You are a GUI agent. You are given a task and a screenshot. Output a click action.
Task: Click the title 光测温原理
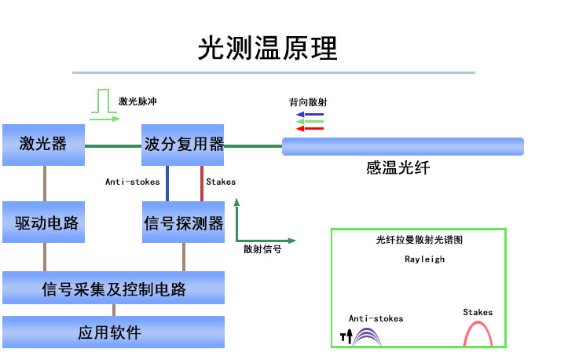pos(267,49)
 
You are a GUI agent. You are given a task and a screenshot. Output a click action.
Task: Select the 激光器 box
pos(43,144)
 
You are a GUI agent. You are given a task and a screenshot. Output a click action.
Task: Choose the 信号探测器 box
pos(184,222)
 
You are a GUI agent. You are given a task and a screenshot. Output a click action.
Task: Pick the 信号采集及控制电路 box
pos(113,288)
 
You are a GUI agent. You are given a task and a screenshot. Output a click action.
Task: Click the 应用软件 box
pos(113,332)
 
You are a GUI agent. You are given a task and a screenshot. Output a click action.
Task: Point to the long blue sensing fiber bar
pos(402,146)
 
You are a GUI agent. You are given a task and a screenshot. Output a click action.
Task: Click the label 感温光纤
pos(398,168)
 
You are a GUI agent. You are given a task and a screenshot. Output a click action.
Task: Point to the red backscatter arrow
pos(310,129)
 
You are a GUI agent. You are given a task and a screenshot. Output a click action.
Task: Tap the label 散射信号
pos(262,248)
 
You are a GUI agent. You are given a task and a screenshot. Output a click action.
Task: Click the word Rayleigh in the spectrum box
pos(424,259)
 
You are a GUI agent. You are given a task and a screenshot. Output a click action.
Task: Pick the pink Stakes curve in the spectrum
pos(478,333)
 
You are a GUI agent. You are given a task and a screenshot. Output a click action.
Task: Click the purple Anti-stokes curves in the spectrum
pos(367,337)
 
